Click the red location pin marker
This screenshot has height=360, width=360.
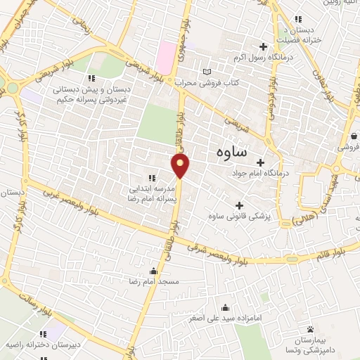pos(181,166)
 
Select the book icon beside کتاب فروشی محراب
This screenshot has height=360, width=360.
pos(206,72)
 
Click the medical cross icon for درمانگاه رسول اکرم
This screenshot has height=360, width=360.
pos(262,47)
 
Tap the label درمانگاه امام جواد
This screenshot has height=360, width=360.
pos(261,173)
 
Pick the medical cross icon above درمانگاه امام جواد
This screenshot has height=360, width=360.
pos(261,162)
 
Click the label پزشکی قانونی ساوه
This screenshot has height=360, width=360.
pos(239,215)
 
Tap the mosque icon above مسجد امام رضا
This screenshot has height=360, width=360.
pos(154,271)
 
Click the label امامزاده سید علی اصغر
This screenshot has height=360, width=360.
pos(224,318)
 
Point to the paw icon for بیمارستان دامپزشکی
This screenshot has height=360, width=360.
pos(310,329)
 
